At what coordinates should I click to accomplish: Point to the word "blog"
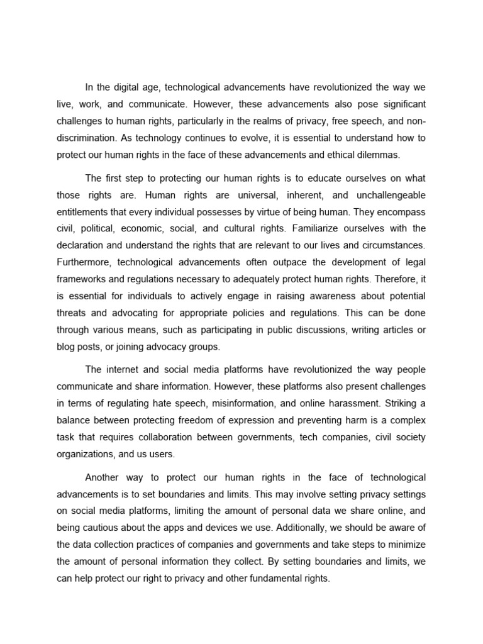click(x=65, y=347)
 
